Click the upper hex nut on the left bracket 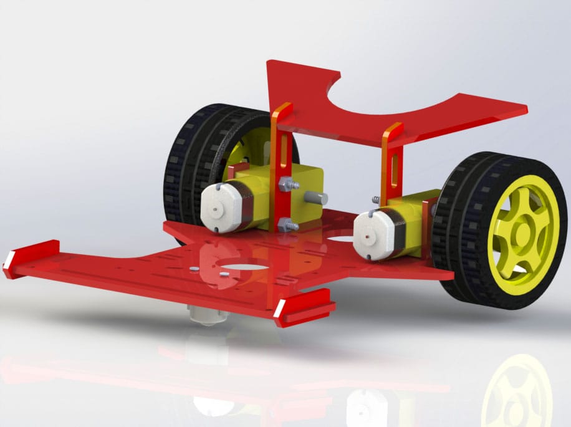[x=286, y=183]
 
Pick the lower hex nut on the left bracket [x=285, y=224]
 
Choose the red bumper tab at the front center [x=304, y=307]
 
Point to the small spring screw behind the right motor [x=377, y=200]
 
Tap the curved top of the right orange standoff [x=393, y=130]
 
